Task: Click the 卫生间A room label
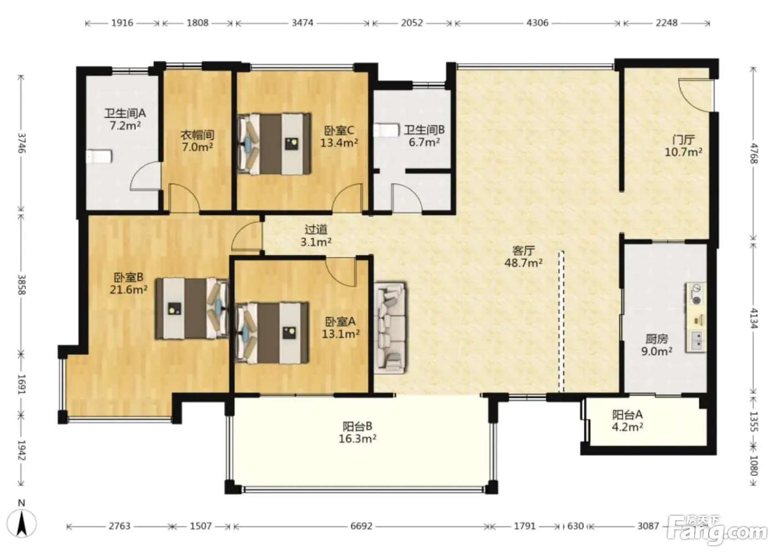click(x=125, y=113)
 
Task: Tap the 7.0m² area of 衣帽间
click(x=198, y=147)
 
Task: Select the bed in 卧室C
click(x=274, y=144)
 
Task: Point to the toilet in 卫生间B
click(x=386, y=131)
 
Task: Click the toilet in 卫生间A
click(x=99, y=157)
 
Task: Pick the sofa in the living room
click(x=390, y=328)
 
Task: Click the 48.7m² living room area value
click(x=523, y=263)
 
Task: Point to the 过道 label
click(x=316, y=229)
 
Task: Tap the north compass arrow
click(x=22, y=524)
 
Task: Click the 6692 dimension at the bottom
click(x=361, y=526)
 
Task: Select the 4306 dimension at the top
click(x=537, y=23)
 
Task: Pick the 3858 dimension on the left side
click(x=22, y=285)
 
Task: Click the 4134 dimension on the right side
click(x=754, y=318)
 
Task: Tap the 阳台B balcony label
click(x=357, y=426)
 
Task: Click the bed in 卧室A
click(x=271, y=333)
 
